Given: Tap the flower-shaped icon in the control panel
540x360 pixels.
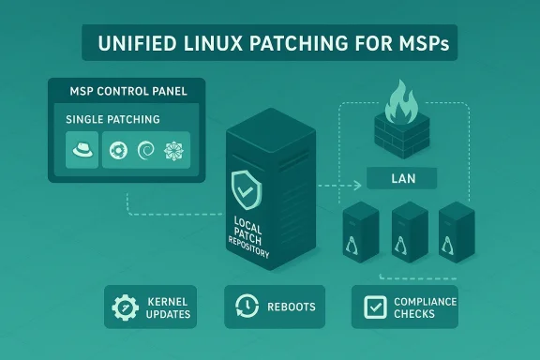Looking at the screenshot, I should [173, 150].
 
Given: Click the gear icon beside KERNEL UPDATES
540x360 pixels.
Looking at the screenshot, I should [125, 307].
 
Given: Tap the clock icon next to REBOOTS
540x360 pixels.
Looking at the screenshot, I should [247, 307].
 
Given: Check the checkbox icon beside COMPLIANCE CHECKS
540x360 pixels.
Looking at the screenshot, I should [372, 307].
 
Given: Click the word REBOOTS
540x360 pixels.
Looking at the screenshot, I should [290, 307].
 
